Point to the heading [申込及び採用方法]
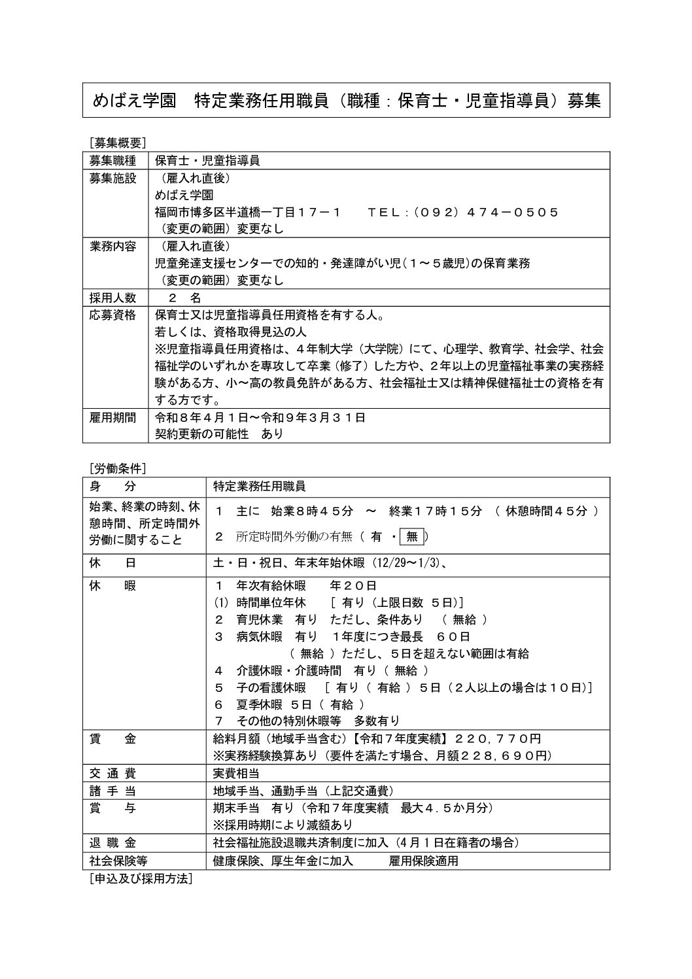[x=141, y=880]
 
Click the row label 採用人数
[x=112, y=298]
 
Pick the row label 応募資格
[x=112, y=315]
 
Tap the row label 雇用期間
[x=112, y=417]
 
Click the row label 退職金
[x=112, y=842]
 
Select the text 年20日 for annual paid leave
[x=353, y=585]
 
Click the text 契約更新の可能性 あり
[x=219, y=434]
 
